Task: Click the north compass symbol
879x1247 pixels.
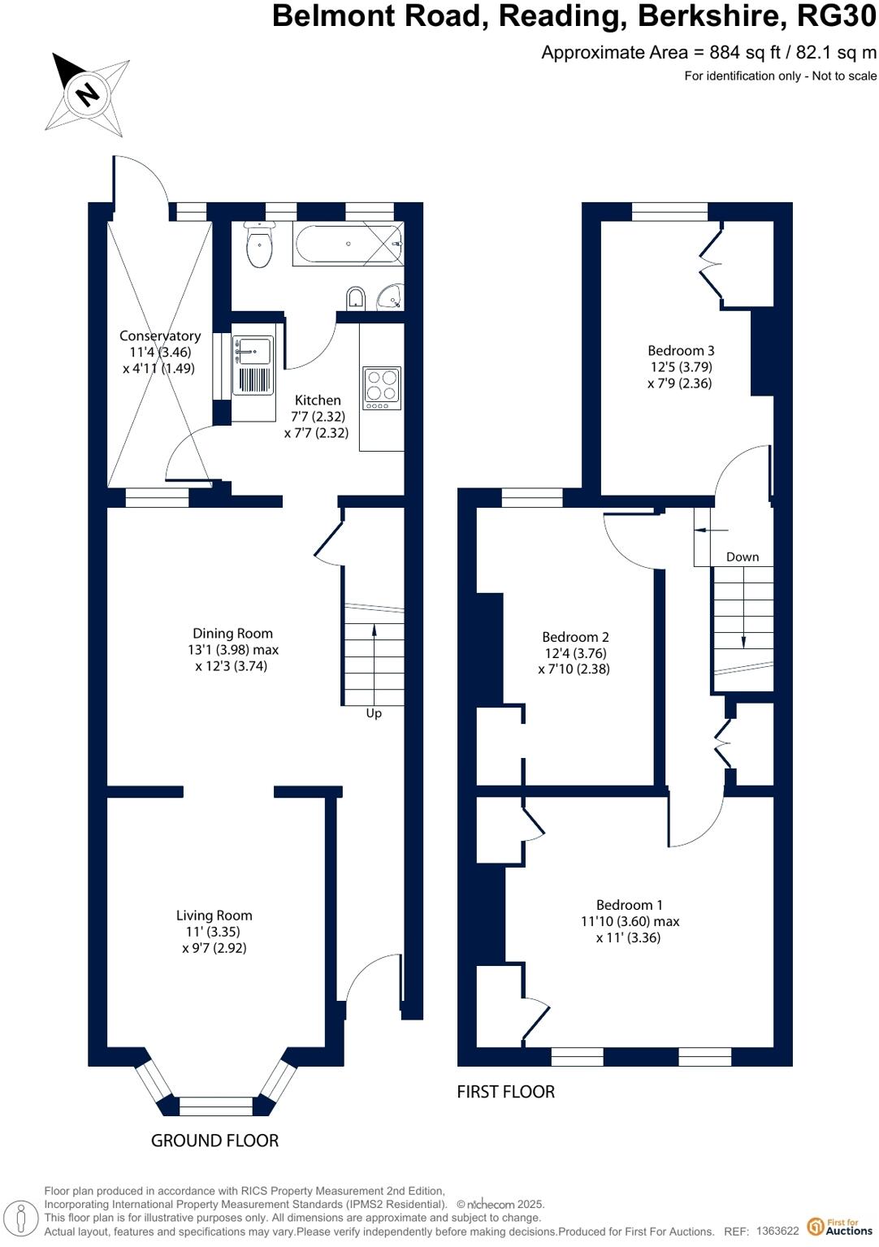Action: [x=87, y=93]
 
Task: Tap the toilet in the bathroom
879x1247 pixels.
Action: [x=259, y=246]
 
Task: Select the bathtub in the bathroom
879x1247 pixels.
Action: [x=348, y=245]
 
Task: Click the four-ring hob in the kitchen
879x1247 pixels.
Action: [x=382, y=388]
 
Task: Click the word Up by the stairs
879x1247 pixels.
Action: [x=374, y=713]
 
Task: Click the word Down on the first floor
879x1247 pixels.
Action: [x=743, y=556]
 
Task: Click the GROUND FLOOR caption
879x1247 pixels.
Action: [x=214, y=1141]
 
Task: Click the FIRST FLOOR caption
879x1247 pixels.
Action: [x=505, y=1092]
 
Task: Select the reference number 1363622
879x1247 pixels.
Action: [x=777, y=1232]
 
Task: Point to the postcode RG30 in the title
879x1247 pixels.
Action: [x=836, y=16]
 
